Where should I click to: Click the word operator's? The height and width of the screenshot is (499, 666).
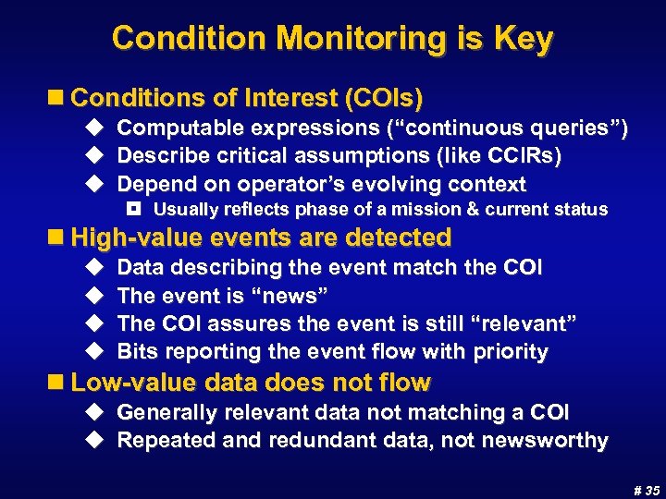tap(290, 184)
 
